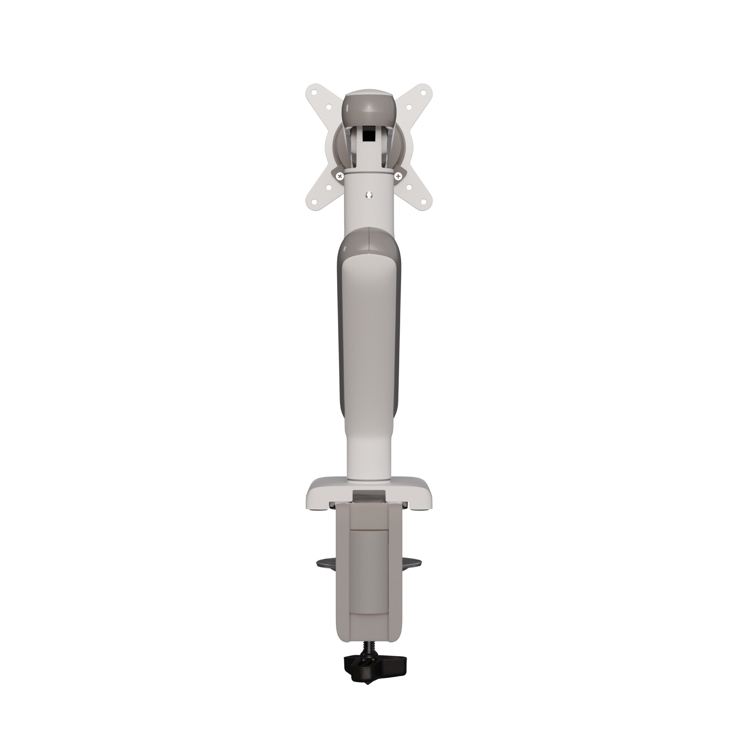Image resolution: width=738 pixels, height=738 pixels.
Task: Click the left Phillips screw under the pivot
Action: (339, 176)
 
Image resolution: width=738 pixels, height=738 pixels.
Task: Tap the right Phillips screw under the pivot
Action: (399, 176)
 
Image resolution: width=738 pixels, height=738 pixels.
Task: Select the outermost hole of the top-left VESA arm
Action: (314, 92)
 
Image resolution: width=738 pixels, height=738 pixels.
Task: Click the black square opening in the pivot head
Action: (368, 136)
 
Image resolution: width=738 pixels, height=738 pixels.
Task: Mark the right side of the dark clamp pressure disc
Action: (412, 573)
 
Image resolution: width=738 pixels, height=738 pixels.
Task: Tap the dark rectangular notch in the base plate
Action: (369, 497)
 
